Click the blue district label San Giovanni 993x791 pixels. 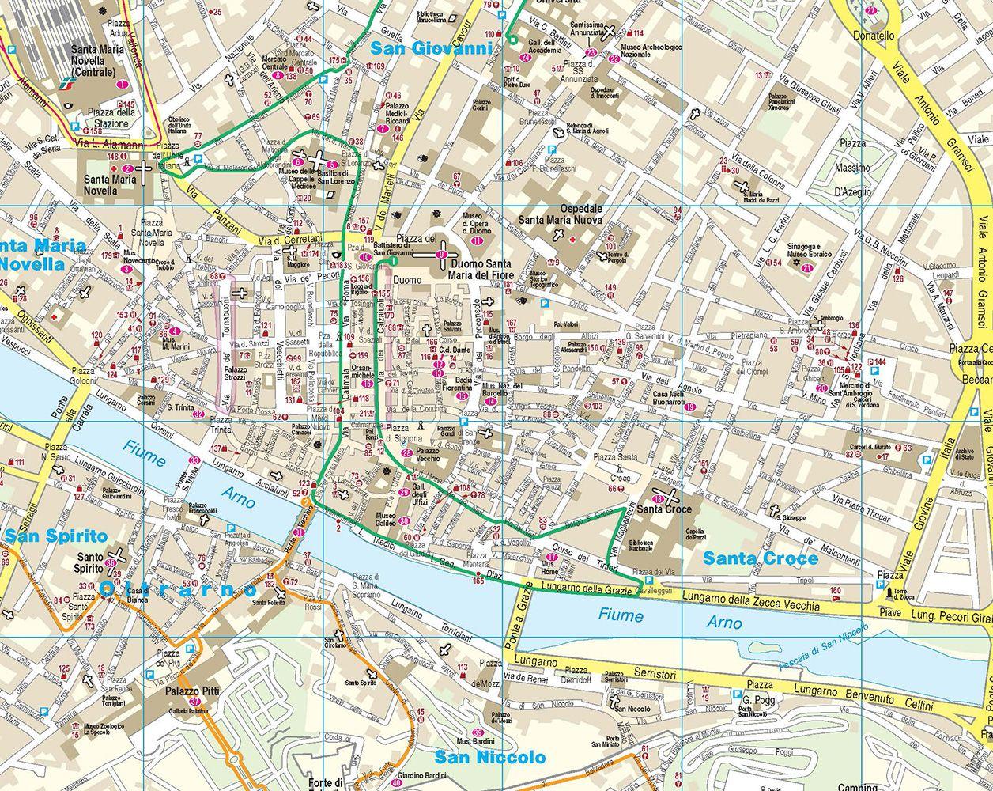point(431,48)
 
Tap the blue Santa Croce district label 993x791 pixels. point(761,558)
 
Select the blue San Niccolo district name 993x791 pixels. point(490,757)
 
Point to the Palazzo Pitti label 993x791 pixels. point(192,691)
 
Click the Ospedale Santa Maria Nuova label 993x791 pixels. point(561,215)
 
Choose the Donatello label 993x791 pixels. point(874,36)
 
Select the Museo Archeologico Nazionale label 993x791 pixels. point(651,51)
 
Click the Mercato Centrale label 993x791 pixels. point(285,63)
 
